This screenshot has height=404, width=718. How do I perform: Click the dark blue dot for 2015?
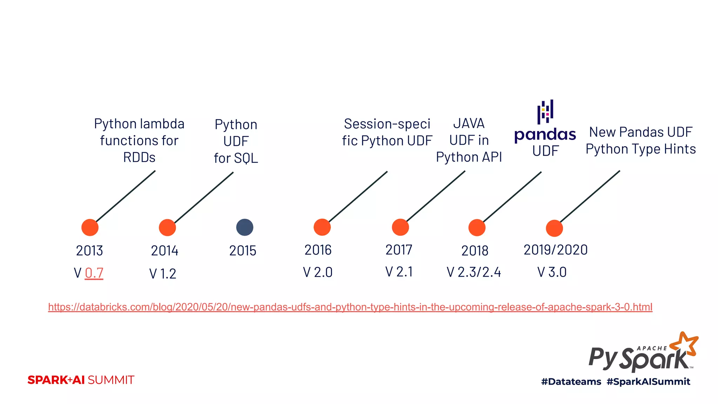click(245, 227)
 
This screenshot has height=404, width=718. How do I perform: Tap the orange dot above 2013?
click(90, 228)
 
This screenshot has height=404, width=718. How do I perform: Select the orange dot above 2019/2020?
click(554, 228)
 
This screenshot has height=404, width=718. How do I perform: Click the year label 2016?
click(318, 250)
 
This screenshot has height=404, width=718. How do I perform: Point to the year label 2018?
click(475, 251)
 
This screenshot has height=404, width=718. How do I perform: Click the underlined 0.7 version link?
click(94, 273)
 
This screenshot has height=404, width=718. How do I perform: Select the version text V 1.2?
click(163, 274)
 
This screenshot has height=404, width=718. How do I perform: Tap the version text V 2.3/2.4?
click(474, 272)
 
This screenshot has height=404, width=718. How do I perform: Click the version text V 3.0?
click(552, 272)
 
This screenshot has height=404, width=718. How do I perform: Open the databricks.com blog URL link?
click(350, 307)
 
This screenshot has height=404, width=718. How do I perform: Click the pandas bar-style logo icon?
click(545, 112)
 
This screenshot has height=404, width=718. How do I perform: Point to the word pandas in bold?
click(545, 135)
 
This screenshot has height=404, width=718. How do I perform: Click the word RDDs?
click(139, 157)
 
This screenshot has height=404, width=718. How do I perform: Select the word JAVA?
click(469, 123)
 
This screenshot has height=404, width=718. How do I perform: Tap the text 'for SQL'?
click(236, 158)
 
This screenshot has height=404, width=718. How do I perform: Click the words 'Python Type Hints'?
click(641, 149)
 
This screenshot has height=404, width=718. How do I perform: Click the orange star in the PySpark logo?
click(685, 344)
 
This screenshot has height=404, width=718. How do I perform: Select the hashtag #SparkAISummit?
click(648, 382)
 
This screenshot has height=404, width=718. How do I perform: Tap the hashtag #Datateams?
click(571, 382)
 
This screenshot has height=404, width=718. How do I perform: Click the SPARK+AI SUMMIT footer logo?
click(81, 380)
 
